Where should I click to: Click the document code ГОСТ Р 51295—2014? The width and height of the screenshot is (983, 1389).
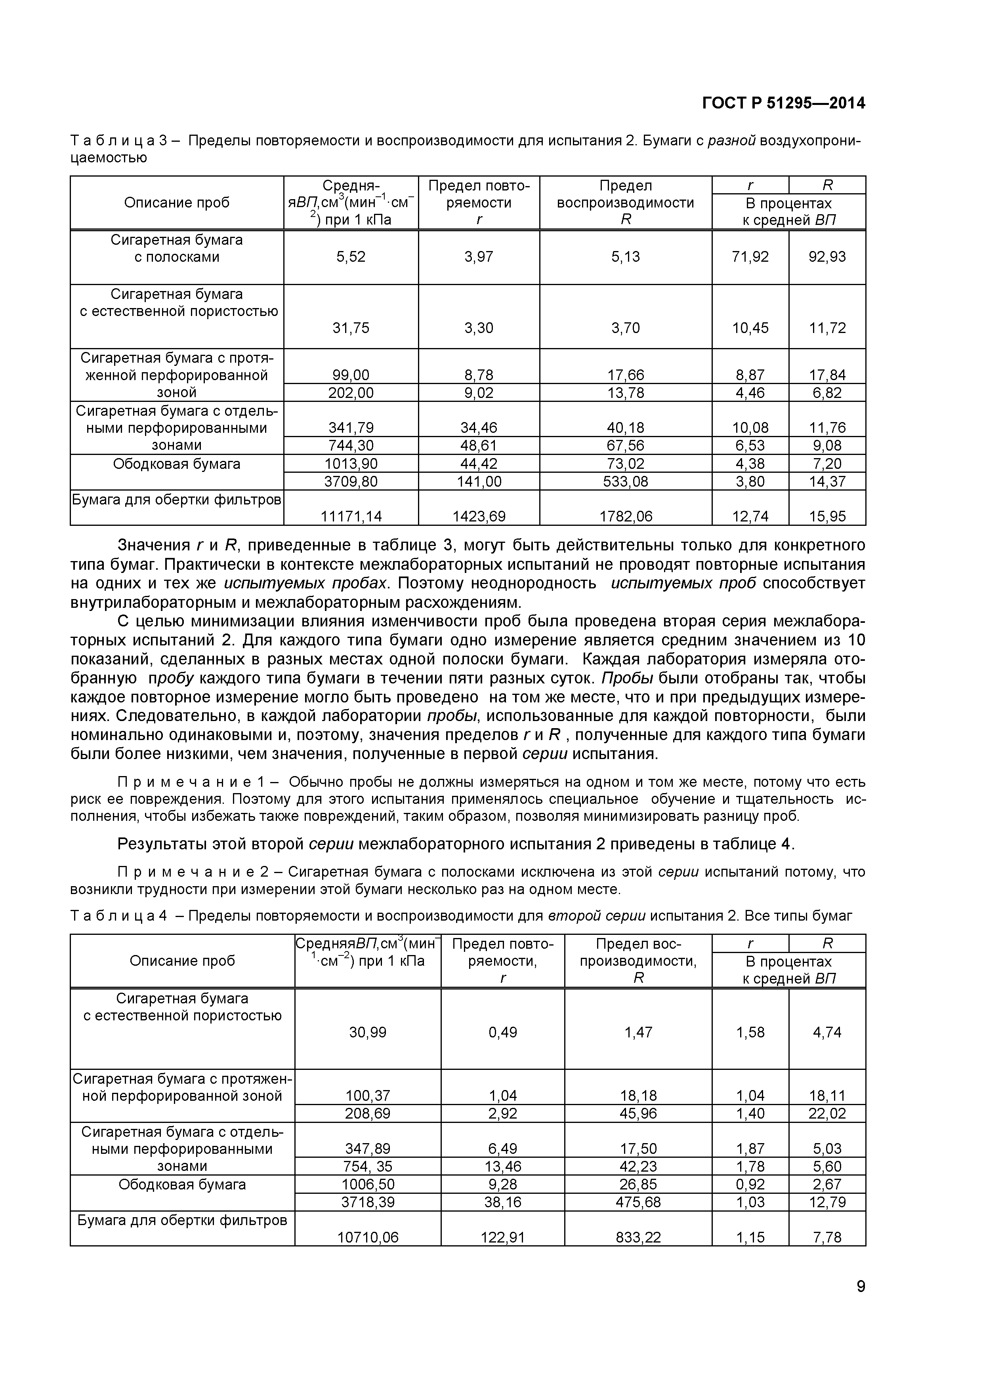pos(783,103)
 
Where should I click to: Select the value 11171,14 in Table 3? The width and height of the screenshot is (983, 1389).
pos(351,516)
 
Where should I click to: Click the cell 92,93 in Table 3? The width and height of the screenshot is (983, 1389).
pos(827,257)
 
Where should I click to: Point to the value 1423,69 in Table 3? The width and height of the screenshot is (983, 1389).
pos(479,516)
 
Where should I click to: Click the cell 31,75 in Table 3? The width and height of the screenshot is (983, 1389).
pos(351,328)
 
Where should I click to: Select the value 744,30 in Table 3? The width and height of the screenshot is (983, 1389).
pos(351,446)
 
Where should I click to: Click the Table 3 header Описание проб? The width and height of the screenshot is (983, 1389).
pos(177,203)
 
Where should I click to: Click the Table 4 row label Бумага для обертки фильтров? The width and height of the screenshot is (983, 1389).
pos(182,1220)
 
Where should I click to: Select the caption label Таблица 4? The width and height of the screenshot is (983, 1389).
pos(118,915)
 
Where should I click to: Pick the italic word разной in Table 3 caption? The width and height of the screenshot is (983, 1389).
pos(732,141)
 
